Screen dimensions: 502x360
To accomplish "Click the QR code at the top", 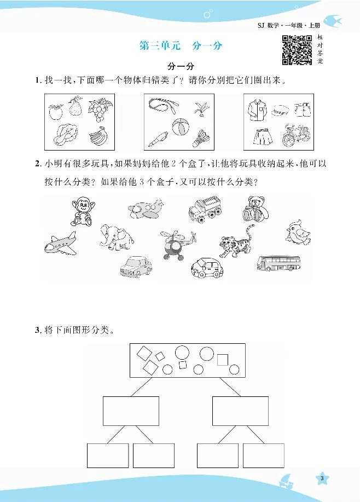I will [297, 50].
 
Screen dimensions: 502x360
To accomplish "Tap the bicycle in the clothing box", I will [297, 135].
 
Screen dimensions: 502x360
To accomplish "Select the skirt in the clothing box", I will [261, 135].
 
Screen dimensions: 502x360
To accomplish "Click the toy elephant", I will [117, 237].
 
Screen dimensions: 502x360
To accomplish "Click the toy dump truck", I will [206, 209].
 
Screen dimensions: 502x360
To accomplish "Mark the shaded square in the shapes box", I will [222, 360].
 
